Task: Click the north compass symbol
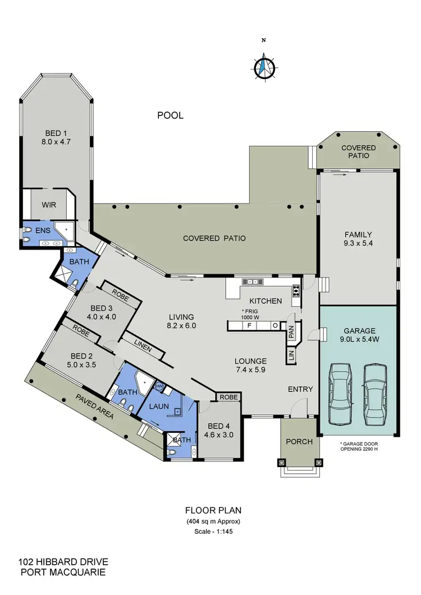click(262, 68)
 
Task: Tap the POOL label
click(170, 116)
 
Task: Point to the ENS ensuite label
click(43, 230)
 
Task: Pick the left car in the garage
click(340, 394)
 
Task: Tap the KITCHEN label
click(266, 301)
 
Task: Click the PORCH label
click(299, 441)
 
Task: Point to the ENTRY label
click(300, 389)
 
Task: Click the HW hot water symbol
click(158, 386)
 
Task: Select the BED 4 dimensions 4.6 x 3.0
click(218, 434)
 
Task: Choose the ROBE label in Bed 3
click(120, 293)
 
